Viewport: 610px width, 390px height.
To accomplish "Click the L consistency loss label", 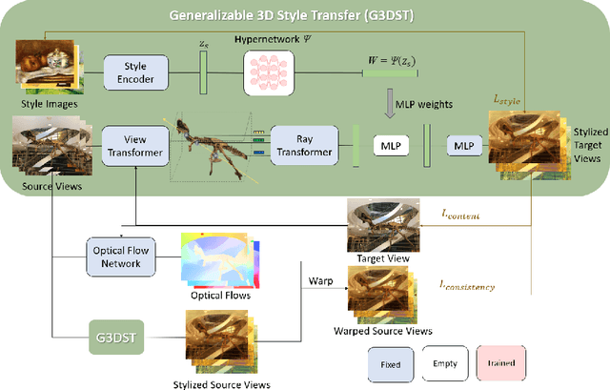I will click(468, 285).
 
